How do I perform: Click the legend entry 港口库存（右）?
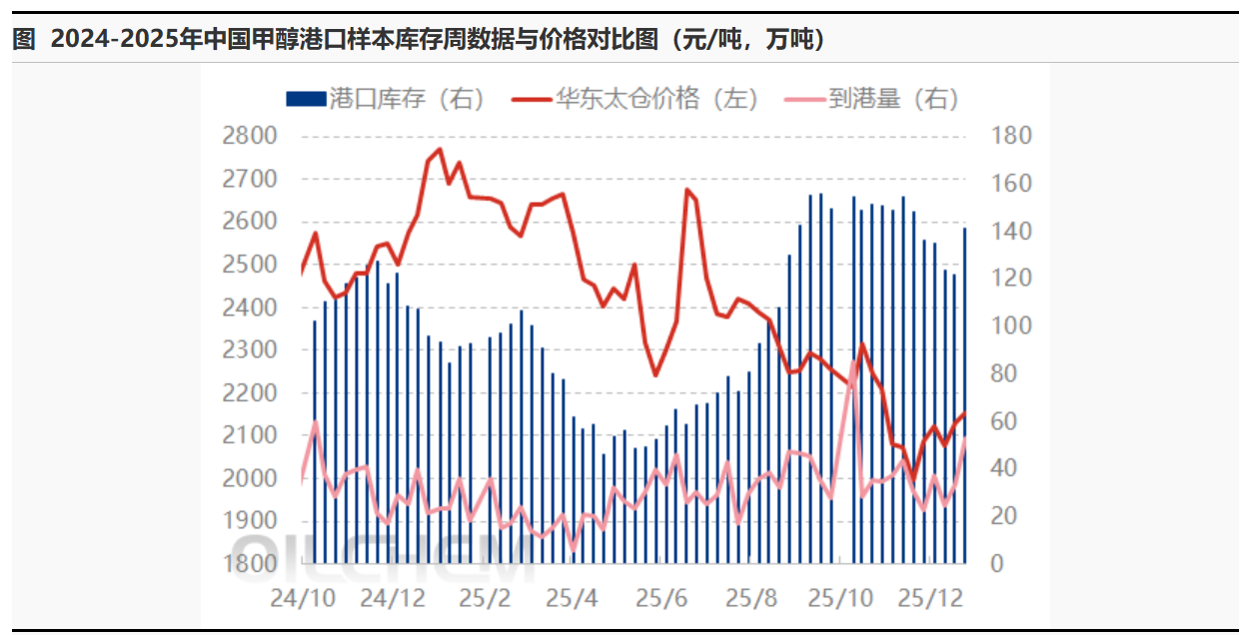pos(385,98)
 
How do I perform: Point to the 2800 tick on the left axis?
pos(250,136)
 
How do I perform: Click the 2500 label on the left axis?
pos(250,265)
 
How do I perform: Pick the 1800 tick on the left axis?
pos(250,563)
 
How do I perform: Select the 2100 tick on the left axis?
pos(250,435)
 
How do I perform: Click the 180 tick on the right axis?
pos(1009,136)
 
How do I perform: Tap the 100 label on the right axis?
pos(1009,326)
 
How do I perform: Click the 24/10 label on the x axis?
pos(304,598)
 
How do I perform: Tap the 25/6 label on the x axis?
pos(661,598)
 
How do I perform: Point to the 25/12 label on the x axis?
pos(930,598)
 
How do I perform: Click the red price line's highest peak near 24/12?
pos(439,150)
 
